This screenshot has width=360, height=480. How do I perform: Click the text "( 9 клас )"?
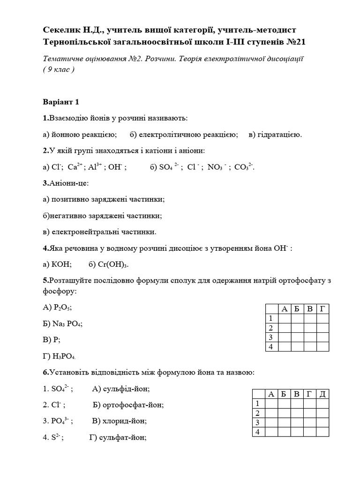59,69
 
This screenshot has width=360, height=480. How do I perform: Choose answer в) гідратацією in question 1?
276,135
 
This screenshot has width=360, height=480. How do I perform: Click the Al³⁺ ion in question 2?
95,166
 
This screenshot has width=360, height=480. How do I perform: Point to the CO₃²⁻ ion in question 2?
244,167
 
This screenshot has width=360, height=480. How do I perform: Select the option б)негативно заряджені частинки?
102,216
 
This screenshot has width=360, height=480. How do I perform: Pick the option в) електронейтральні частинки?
99,232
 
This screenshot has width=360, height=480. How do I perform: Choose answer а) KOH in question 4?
57,264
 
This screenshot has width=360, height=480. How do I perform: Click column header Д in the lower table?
322,394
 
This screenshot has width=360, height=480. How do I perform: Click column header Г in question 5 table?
322,308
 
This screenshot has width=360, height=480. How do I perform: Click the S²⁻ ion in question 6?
56,438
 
